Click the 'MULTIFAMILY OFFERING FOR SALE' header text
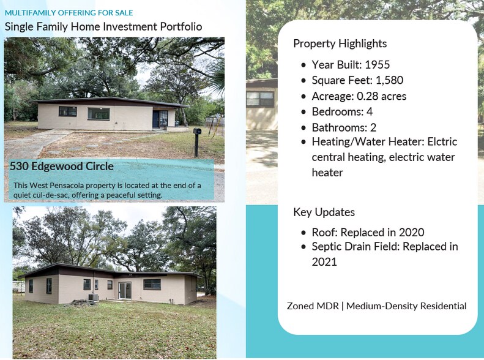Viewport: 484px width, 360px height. [x=69, y=12]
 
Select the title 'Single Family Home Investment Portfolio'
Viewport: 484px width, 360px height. [x=103, y=27]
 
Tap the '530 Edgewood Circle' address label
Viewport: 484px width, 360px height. [x=61, y=166]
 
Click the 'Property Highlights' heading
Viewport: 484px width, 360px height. [x=340, y=43]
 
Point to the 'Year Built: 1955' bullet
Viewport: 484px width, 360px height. [x=350, y=65]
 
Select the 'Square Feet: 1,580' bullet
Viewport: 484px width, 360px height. [x=357, y=80]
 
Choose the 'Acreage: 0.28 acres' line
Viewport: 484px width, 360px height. [x=359, y=96]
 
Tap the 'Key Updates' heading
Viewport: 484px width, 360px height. [x=324, y=212]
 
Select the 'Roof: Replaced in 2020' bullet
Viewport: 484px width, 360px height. [x=367, y=233]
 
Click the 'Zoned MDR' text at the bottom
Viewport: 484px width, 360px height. [x=314, y=306]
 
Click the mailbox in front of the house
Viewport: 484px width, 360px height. [x=197, y=132]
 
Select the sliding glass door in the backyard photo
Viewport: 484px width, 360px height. [x=125, y=290]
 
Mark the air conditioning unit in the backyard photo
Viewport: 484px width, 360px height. [x=93, y=298]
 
